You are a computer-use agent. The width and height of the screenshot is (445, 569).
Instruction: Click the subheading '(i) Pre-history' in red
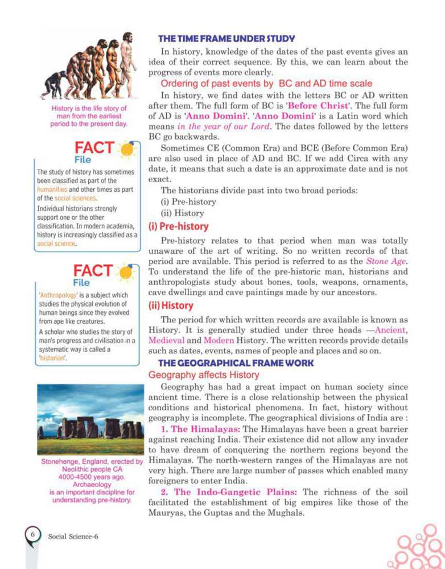coord(179,226)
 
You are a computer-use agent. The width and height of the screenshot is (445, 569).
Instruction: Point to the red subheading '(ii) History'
coord(171,305)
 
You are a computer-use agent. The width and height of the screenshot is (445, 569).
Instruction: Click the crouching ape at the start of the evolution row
coord(53,85)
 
